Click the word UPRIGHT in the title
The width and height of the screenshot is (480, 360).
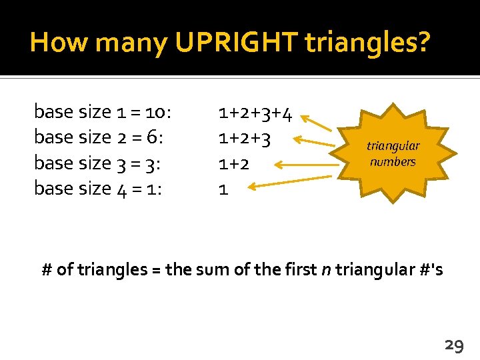pos(237,43)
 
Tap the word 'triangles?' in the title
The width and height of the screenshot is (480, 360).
pos(367,43)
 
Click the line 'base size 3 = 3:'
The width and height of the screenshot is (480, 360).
pos(98,163)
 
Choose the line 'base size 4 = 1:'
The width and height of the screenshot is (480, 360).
pos(98,188)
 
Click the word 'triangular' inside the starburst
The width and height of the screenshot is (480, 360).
pos(393,146)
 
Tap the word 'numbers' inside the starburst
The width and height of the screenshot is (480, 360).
pos(393,161)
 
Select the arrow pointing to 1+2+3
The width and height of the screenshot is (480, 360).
pos(316,142)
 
